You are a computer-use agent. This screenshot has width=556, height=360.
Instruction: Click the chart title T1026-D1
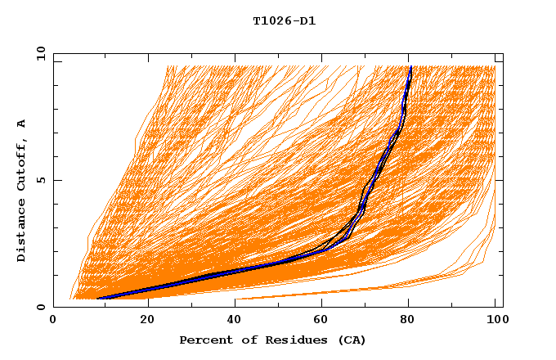pyautogui.click(x=284, y=20)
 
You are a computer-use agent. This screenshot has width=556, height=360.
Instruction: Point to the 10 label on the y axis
pyautogui.click(x=40, y=53)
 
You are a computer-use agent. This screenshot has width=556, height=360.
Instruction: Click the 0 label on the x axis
pyautogui.click(x=53, y=320)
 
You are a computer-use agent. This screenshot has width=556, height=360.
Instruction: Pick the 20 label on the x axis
pyautogui.click(x=141, y=320)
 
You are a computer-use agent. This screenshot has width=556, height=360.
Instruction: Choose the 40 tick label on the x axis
pyautogui.click(x=230, y=320)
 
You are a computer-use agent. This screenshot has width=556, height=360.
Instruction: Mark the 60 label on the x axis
pyautogui.click(x=319, y=320)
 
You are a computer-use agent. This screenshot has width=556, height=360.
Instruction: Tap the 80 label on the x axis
pyautogui.click(x=407, y=320)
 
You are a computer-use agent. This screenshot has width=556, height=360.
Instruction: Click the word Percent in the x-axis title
pyautogui.click(x=204, y=340)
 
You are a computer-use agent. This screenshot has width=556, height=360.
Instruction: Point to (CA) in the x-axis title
pyautogui.click(x=351, y=340)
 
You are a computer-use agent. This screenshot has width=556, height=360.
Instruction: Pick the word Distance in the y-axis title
pyautogui.click(x=21, y=232)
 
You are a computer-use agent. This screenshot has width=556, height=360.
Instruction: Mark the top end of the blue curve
pyautogui.click(x=410, y=67)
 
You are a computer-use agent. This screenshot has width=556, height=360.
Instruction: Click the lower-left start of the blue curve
pyautogui.click(x=98, y=298)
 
